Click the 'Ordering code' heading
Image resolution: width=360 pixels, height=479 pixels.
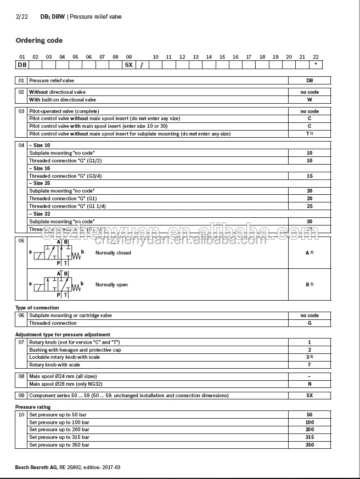[x=39, y=41]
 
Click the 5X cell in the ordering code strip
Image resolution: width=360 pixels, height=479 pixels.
[x=129, y=65]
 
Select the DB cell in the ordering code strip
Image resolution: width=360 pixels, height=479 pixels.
[x=22, y=65]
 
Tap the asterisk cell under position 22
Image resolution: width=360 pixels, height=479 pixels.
[x=316, y=65]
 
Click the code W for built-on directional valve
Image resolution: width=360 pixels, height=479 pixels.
[x=310, y=100]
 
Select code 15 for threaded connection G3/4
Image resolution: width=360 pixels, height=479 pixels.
[x=310, y=176]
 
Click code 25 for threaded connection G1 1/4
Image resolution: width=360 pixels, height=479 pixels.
[x=310, y=206]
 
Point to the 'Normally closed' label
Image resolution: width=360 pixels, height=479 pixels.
[x=113, y=253]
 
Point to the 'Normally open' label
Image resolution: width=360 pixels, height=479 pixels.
[x=111, y=285]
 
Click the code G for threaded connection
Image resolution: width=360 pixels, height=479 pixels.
[x=310, y=323]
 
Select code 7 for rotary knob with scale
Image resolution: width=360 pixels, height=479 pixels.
[x=310, y=365]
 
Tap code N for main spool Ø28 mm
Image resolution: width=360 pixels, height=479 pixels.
[x=310, y=384]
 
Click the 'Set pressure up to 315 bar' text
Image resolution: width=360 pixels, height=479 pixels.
[x=59, y=437]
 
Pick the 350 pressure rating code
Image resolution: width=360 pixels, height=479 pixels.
[x=310, y=445]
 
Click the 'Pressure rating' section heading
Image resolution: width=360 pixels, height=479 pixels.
[x=32, y=407]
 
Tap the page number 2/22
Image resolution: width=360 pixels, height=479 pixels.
[x=21, y=17]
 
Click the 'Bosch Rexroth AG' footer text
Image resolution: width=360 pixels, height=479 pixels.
[x=36, y=467]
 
